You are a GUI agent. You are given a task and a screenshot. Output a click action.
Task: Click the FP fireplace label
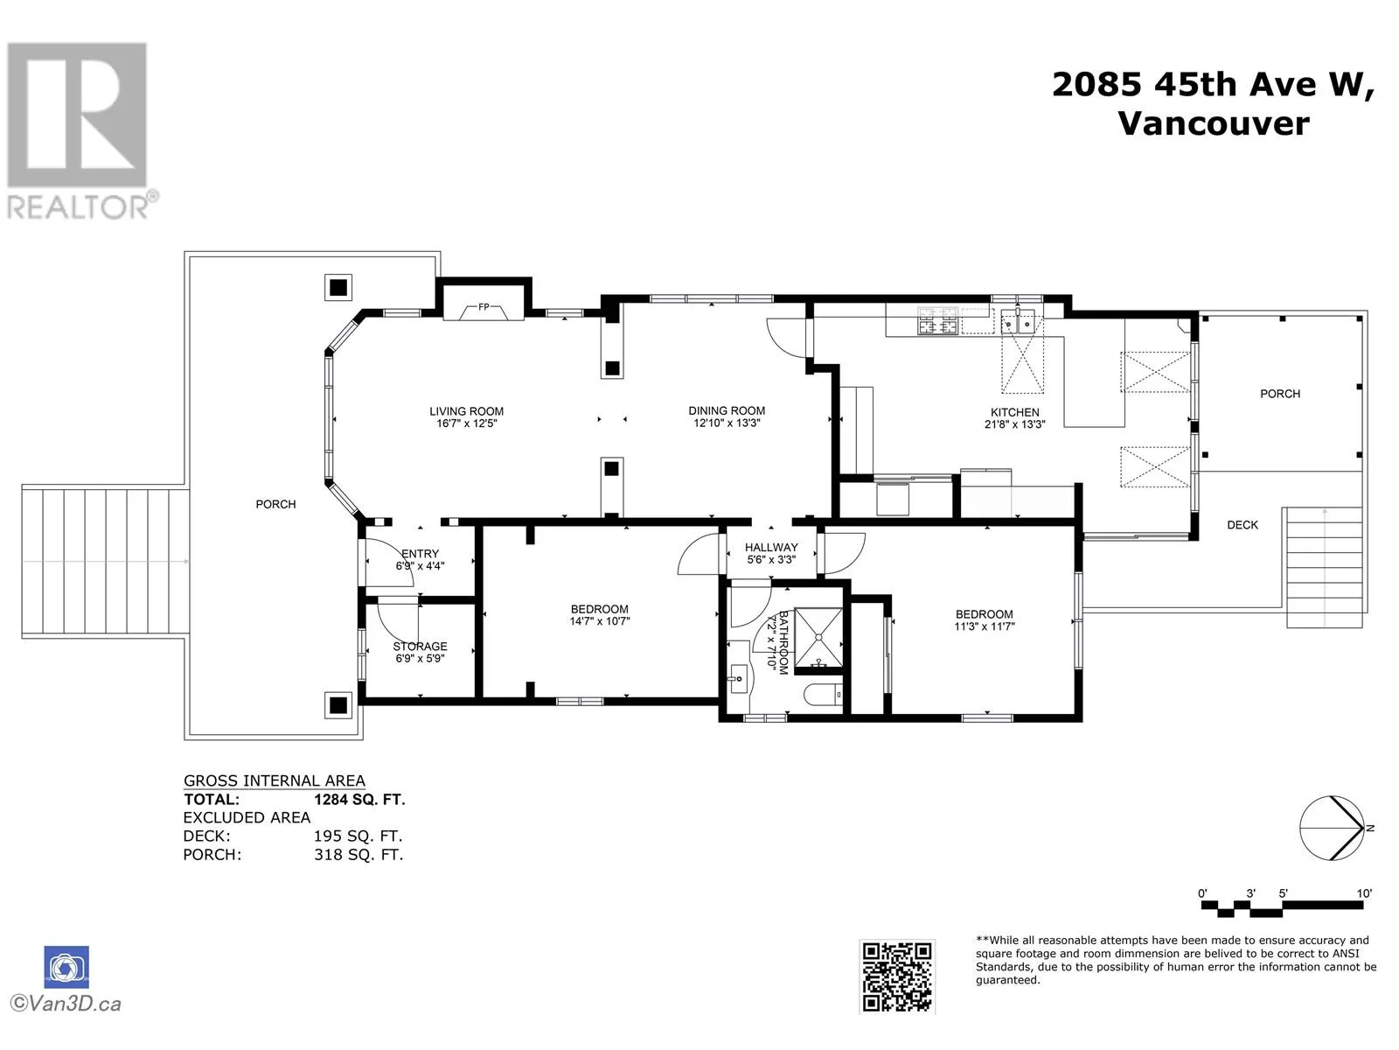(x=484, y=306)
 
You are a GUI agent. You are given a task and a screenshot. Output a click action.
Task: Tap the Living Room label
(x=467, y=411)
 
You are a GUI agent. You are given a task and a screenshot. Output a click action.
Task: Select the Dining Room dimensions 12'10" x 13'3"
(x=727, y=423)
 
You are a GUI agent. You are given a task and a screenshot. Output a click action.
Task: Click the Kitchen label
(x=1014, y=412)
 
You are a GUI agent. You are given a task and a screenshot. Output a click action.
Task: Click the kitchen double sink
(x=1019, y=322)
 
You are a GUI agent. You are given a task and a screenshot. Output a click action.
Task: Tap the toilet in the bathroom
(x=824, y=695)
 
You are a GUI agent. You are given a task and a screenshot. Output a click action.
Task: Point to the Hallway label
(x=771, y=547)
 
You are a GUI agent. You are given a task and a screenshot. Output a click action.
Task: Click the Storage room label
(x=420, y=646)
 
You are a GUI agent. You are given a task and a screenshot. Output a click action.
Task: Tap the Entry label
(x=420, y=553)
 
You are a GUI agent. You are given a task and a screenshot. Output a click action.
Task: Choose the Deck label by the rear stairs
(x=1242, y=525)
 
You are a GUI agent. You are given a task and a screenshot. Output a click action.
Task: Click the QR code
(x=897, y=976)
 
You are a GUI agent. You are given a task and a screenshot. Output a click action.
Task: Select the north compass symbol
(x=1333, y=828)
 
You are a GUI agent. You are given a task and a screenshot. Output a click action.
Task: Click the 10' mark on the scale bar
(x=1364, y=893)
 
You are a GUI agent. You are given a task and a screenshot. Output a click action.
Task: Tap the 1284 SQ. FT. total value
(x=359, y=800)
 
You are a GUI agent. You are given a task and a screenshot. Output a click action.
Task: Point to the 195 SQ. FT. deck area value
(x=358, y=836)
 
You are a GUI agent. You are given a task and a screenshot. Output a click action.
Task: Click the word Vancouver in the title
(x=1214, y=123)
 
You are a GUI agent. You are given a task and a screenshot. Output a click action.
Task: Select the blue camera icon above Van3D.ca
(x=66, y=967)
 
